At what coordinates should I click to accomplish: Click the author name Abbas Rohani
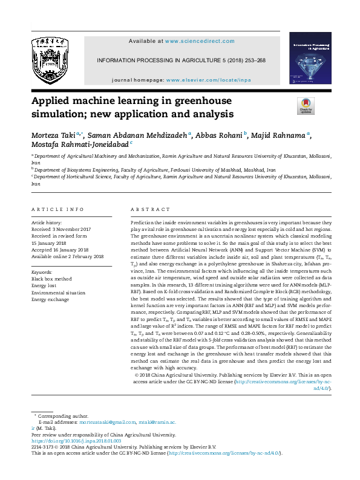click(x=218, y=135)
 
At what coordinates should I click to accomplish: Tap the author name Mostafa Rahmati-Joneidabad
click(x=79, y=144)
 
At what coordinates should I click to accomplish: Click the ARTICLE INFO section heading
click(x=57, y=209)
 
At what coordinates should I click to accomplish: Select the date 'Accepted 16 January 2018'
click(x=60, y=250)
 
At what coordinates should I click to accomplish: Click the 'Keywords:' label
click(x=42, y=273)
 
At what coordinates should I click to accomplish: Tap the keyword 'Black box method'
click(x=51, y=279)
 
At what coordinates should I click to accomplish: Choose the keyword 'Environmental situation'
click(x=59, y=293)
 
